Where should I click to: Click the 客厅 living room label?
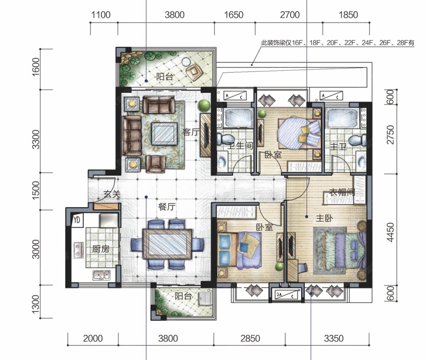point(191,132)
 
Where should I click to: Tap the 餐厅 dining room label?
point(167,207)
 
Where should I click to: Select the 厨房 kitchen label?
point(100,249)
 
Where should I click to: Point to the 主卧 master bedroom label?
point(324,218)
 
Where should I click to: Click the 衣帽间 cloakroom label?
point(342,192)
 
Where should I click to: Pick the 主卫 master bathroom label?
point(338,147)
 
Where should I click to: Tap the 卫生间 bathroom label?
point(240,146)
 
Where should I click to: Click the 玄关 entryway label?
point(112,194)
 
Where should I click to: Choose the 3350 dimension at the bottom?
point(334,338)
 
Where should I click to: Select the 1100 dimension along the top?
point(101,15)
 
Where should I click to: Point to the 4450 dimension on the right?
point(390,232)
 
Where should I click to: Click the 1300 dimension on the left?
point(35,304)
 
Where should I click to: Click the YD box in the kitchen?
point(77,220)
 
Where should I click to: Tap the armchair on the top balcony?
point(194,71)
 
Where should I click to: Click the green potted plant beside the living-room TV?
point(204,106)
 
